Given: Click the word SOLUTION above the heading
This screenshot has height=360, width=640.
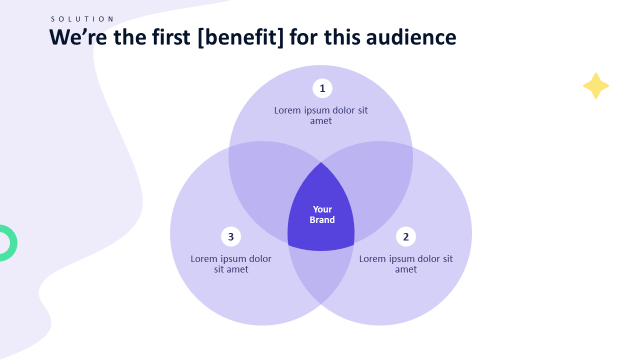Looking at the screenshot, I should [x=82, y=19].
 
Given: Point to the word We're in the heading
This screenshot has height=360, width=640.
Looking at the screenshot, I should [x=78, y=37].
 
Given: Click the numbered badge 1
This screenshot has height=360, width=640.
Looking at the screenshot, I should [x=322, y=88].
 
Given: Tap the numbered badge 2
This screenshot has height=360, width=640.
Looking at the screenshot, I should [x=406, y=236].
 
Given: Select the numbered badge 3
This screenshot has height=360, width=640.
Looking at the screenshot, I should [x=231, y=236].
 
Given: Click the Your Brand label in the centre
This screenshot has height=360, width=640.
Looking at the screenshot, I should [x=322, y=214].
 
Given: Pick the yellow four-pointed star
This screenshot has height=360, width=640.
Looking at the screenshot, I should [x=596, y=86].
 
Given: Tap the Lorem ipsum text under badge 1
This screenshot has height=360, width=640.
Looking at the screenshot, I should [x=321, y=115].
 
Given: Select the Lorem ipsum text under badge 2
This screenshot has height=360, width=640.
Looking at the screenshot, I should [x=406, y=263].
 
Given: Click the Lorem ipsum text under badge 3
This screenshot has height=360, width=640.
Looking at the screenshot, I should [x=231, y=263].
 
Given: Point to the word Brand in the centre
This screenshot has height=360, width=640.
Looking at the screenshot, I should [x=322, y=220].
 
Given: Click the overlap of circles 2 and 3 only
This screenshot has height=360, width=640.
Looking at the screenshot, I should [x=321, y=275].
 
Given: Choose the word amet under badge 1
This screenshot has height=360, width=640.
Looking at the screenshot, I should [x=321, y=121].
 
